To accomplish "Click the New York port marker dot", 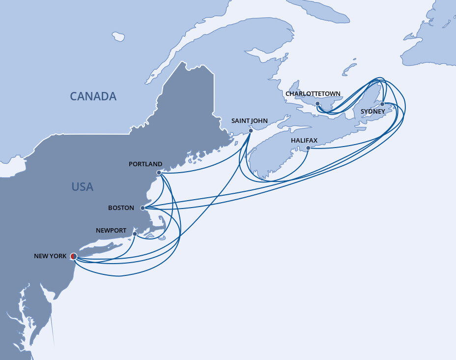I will [73, 256].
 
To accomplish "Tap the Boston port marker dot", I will [142, 208].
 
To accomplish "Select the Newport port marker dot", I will [135, 234].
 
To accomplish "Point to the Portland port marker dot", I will [158, 173].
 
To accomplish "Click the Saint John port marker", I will [251, 130].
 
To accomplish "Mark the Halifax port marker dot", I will [308, 148].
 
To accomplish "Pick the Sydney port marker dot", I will [382, 104].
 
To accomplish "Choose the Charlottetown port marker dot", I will [318, 104].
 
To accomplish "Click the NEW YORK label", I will [50, 256].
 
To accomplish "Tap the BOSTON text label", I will [121, 208].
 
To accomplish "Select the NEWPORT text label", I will [112, 231].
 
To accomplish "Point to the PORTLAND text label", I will [145, 164].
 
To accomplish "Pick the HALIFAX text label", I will [304, 141].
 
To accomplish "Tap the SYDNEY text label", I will [373, 112].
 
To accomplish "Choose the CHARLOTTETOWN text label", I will [313, 94].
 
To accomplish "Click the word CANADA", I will [93, 96].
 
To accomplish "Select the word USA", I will [82, 187].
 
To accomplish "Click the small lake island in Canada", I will [118, 36].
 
